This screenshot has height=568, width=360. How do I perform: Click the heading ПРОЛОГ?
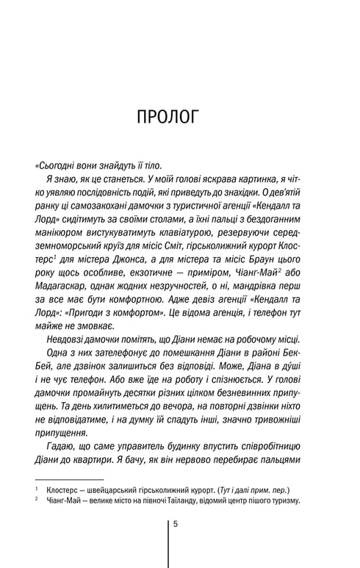(x=180, y=118)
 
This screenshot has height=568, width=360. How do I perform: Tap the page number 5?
(x=175, y=524)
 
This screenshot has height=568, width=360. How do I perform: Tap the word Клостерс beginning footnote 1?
(x=76, y=490)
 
